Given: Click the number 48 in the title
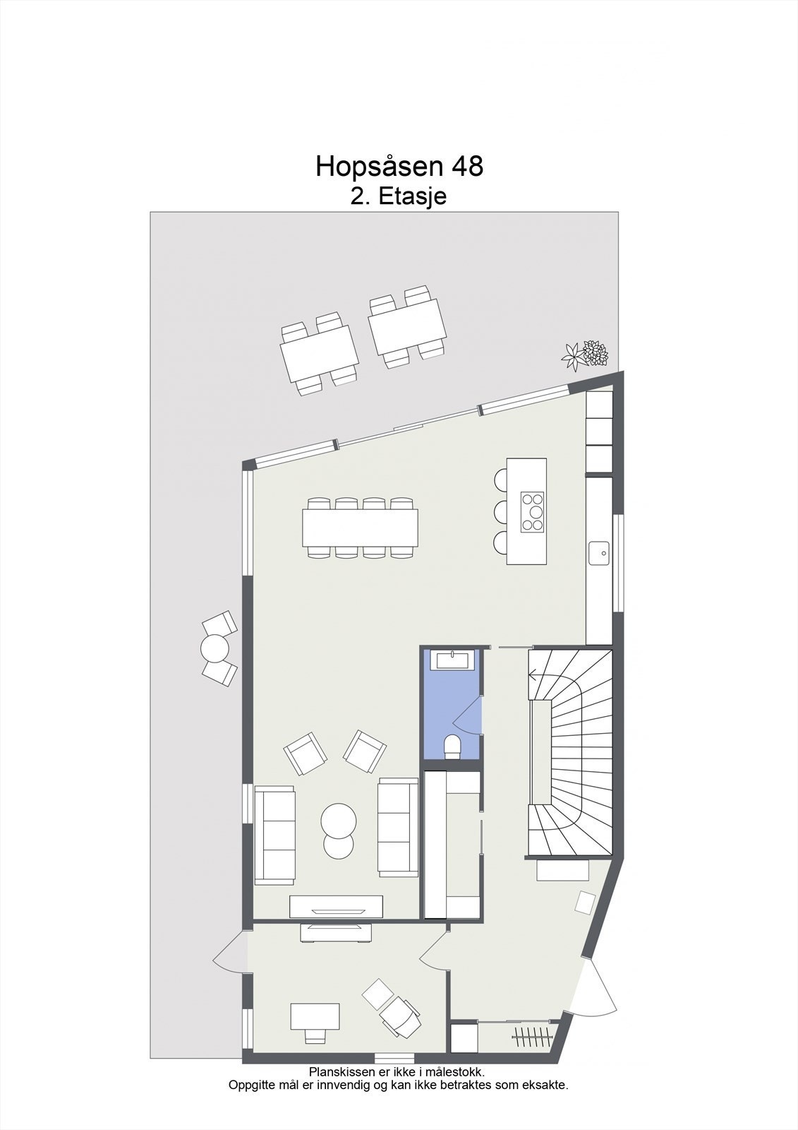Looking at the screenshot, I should [x=466, y=167].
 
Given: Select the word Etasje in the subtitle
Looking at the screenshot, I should [x=413, y=196].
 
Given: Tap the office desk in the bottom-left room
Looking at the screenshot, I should [x=315, y=1016].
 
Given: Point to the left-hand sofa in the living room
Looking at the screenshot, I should [x=274, y=834].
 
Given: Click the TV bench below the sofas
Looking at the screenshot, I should [x=337, y=907].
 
